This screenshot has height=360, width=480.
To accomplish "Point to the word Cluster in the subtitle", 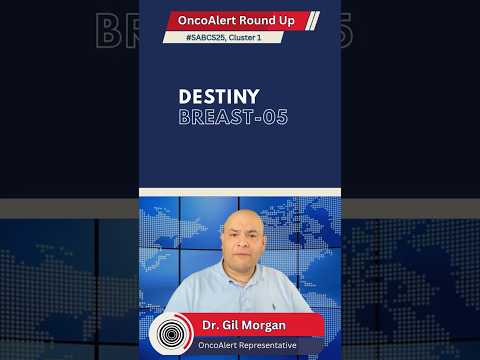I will coord(251,37).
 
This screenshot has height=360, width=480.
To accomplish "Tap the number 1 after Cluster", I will coord(273,37).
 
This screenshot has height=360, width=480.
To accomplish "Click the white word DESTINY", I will coord(219,97).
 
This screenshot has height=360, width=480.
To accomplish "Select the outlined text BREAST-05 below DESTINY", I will coord(233,117).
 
